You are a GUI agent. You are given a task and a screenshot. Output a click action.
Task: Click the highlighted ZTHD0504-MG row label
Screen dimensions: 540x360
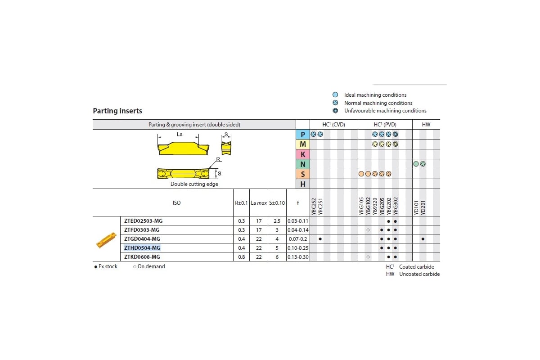pyautogui.click(x=142, y=247)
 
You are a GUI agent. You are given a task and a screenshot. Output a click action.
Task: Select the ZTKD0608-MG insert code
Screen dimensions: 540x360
pyautogui.click(x=142, y=257)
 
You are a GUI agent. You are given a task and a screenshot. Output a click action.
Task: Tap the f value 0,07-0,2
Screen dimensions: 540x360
pyautogui.click(x=298, y=239)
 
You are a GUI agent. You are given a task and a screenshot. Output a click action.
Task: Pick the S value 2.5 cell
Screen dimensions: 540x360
pyautogui.click(x=277, y=221)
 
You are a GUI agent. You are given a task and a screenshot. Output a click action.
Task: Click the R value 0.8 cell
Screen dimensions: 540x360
pyautogui.click(x=241, y=257)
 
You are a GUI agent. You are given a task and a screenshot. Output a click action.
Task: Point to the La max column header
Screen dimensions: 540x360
pyautogui.click(x=259, y=203)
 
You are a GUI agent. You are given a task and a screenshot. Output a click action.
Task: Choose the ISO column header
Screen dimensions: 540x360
pyautogui.click(x=176, y=203)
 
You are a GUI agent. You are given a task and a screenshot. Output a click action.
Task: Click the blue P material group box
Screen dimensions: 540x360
pyautogui.click(x=303, y=134)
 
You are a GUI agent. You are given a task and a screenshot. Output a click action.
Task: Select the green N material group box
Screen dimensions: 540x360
pyautogui.click(x=303, y=164)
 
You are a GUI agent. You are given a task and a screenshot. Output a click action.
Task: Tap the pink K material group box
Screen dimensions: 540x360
pyautogui.click(x=303, y=154)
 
